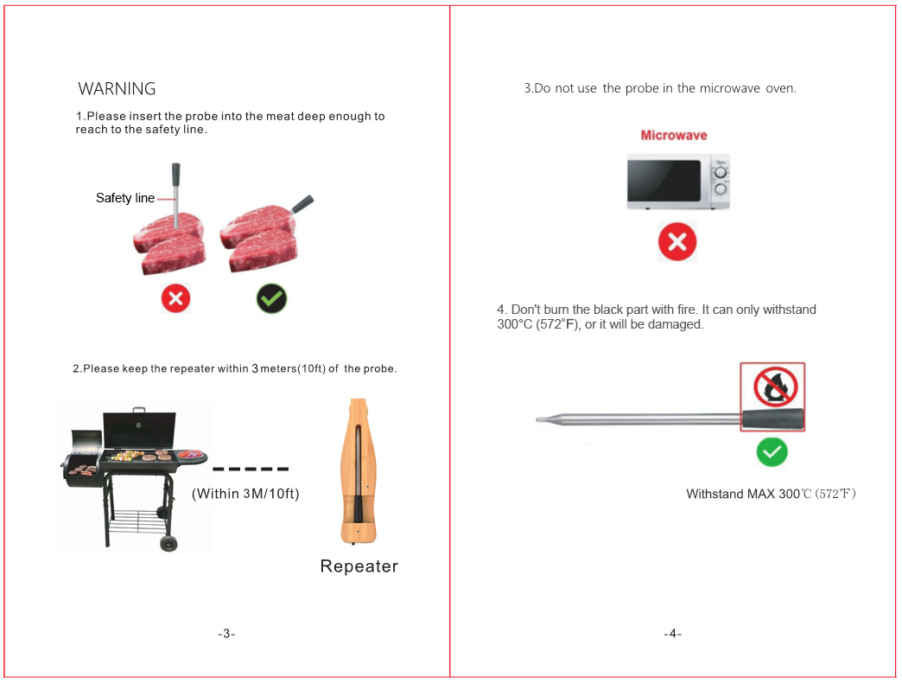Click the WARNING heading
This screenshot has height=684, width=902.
(x=117, y=89)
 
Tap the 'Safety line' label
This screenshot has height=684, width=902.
(x=124, y=198)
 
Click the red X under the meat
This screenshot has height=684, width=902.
(x=175, y=298)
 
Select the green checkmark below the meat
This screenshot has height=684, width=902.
(x=271, y=298)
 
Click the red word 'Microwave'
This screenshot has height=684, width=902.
(x=674, y=135)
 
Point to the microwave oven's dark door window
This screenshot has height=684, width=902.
(x=664, y=180)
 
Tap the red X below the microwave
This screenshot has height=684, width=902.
(x=677, y=242)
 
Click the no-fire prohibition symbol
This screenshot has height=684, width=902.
(x=776, y=386)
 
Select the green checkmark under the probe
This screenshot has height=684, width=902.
(x=772, y=452)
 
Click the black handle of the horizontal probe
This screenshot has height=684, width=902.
(x=772, y=419)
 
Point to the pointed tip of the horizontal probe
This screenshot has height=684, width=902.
(x=537, y=419)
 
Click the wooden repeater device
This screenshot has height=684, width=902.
(x=358, y=471)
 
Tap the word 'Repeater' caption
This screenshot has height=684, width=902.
(x=359, y=566)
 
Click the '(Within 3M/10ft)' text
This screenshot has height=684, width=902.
(x=245, y=494)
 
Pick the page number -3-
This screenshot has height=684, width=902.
(x=226, y=633)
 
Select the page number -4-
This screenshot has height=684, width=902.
(x=672, y=633)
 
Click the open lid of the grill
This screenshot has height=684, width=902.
(x=139, y=429)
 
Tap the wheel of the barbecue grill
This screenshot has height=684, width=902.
(x=168, y=543)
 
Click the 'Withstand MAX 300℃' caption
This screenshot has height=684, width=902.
(x=771, y=494)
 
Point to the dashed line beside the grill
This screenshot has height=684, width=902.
(x=251, y=470)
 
